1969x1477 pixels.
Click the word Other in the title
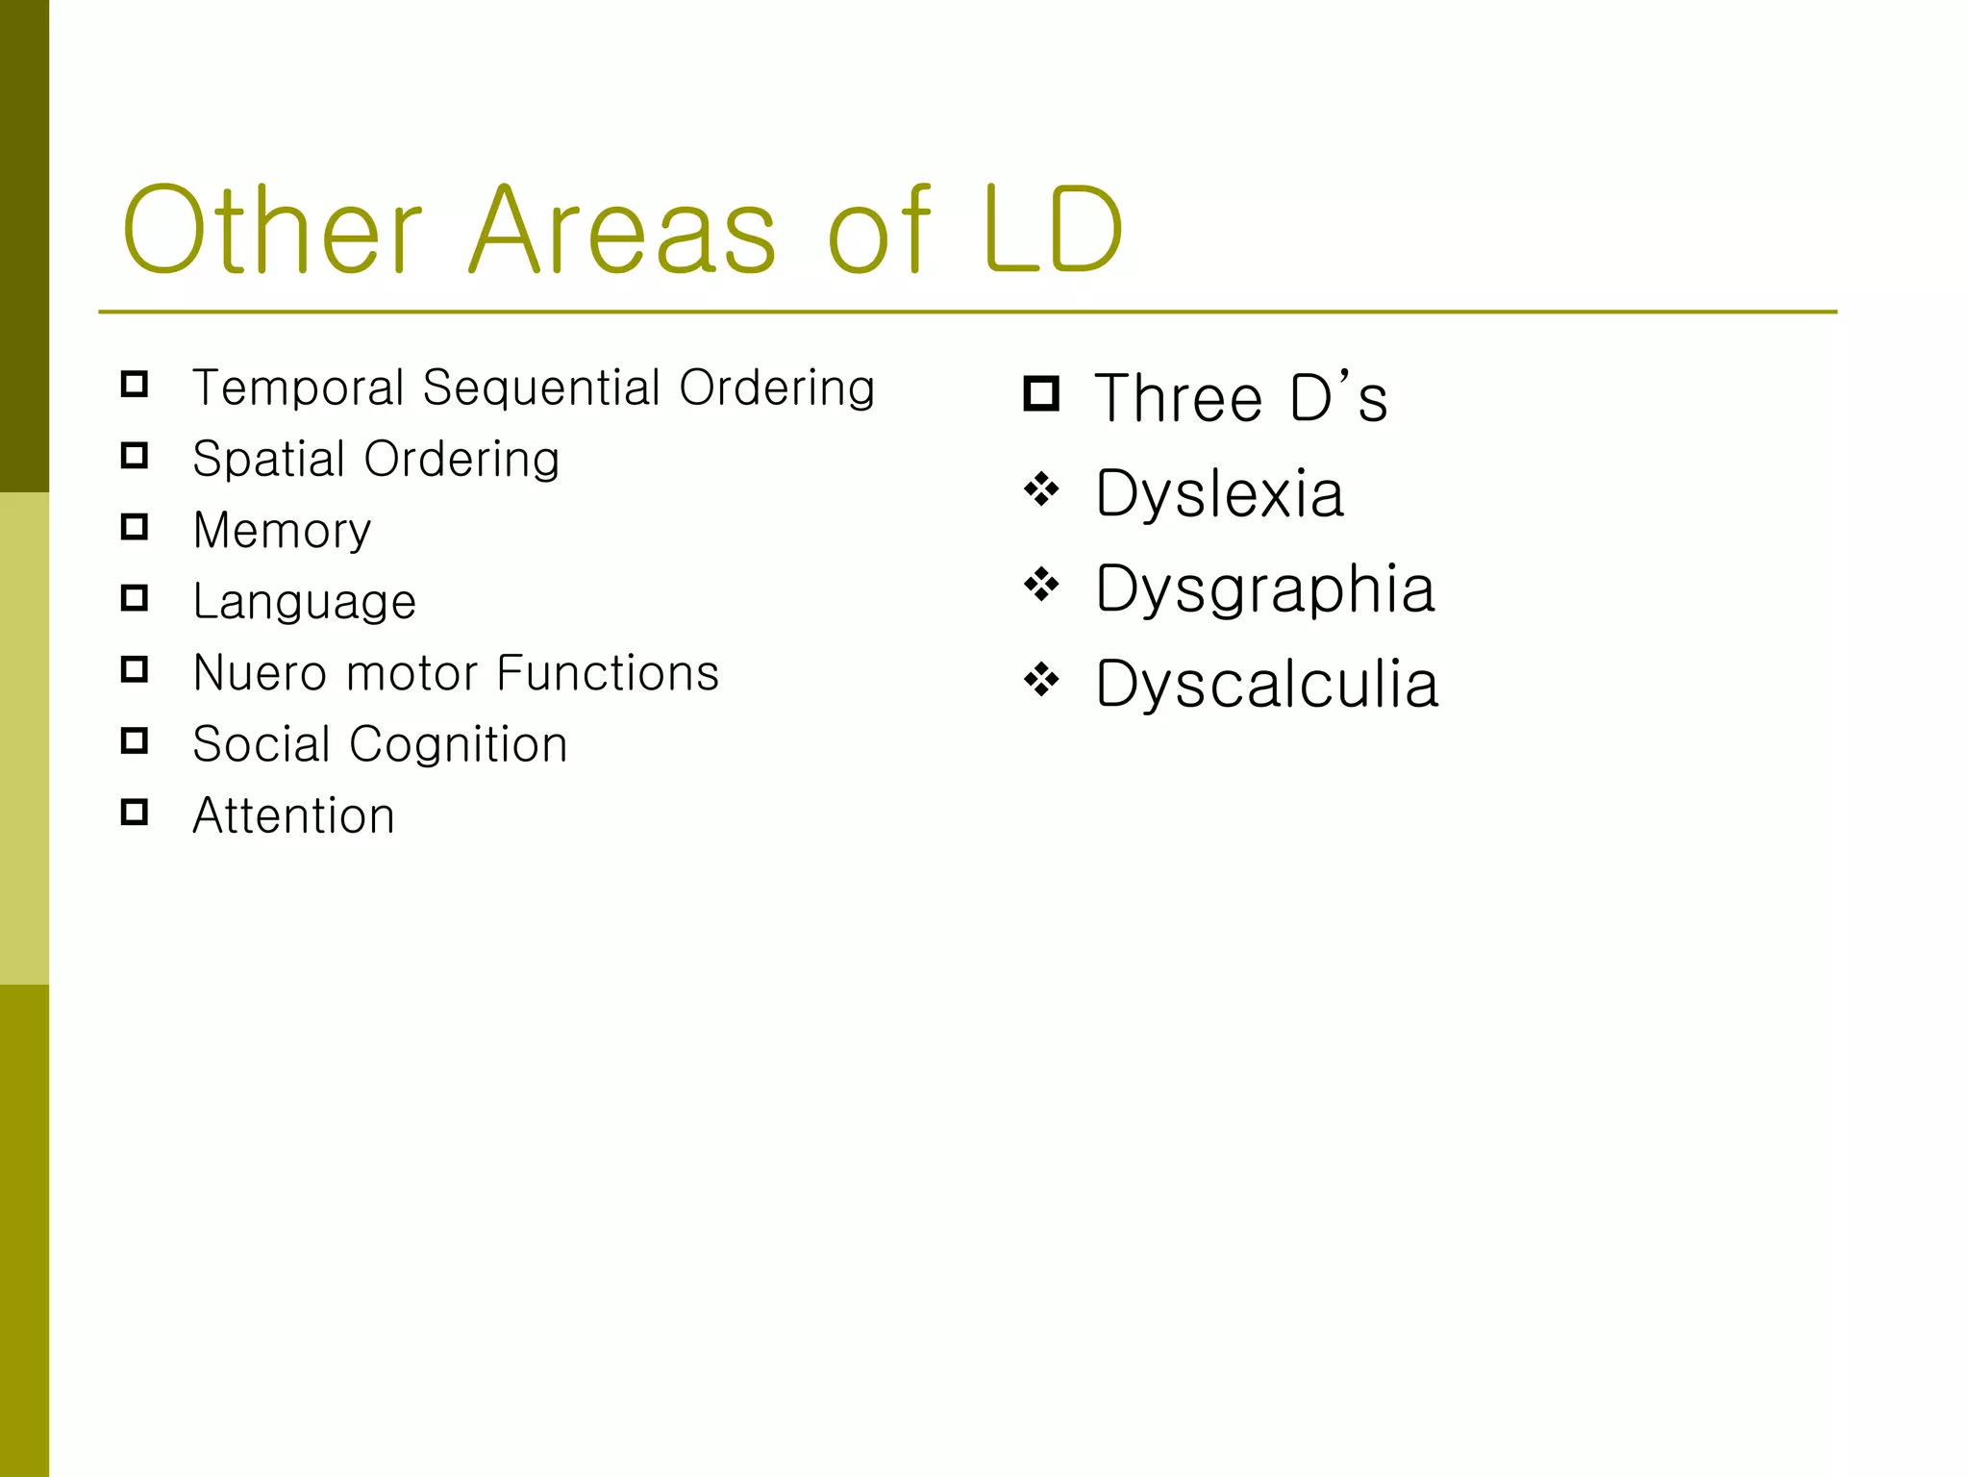pyautogui.click(x=272, y=231)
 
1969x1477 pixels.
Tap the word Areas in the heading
pyautogui.click(x=623, y=231)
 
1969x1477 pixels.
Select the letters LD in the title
pyautogui.click(x=1053, y=231)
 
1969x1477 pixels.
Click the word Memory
pyautogui.click(x=282, y=531)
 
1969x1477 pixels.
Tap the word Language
pyautogui.click(x=304, y=603)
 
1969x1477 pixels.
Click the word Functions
pyautogui.click(x=609, y=673)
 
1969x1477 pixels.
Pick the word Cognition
pyautogui.click(x=458, y=744)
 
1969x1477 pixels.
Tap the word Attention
pyautogui.click(x=293, y=816)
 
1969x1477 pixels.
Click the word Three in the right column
pyautogui.click(x=1179, y=398)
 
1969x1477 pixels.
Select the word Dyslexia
pyautogui.click(x=1219, y=494)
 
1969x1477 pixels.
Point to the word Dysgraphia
pyautogui.click(x=1265, y=588)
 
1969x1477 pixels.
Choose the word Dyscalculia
pyautogui.click(x=1267, y=685)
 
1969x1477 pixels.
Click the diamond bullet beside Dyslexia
pyautogui.click(x=1041, y=490)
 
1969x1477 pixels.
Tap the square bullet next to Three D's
pyautogui.click(x=1041, y=394)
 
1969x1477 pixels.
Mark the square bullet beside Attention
pyautogui.click(x=135, y=813)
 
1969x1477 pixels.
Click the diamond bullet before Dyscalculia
pyautogui.click(x=1041, y=681)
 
